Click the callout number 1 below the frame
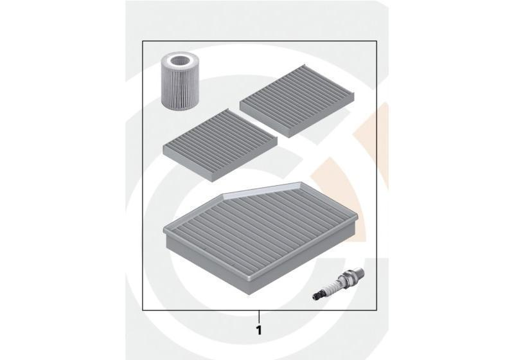point(259,330)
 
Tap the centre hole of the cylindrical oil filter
point(179,61)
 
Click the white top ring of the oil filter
point(179,61)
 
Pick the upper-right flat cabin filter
point(297,101)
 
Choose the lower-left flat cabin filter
point(220,145)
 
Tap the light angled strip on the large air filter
point(262,191)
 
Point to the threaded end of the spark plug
point(360,271)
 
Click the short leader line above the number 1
point(260,316)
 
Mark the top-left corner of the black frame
point(143,41)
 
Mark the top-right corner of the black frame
point(377,41)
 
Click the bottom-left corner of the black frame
point(143,310)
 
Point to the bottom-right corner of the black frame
point(377,310)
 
